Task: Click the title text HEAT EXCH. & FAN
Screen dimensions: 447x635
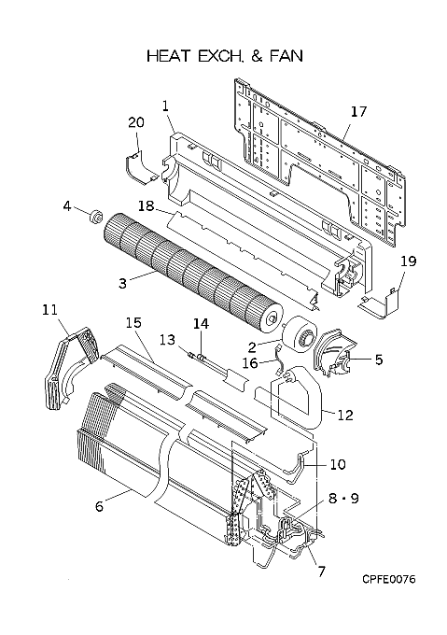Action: (x=225, y=56)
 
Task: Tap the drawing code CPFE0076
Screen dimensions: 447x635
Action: (x=389, y=579)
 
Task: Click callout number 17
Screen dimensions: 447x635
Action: (x=358, y=111)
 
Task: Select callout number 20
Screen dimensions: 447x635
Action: (x=136, y=122)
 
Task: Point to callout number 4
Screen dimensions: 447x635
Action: (x=67, y=206)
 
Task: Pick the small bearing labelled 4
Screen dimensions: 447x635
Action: (x=96, y=216)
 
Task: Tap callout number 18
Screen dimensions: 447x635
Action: (x=146, y=206)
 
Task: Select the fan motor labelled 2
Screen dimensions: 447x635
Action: (x=300, y=332)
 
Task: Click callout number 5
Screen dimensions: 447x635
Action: (x=379, y=360)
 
